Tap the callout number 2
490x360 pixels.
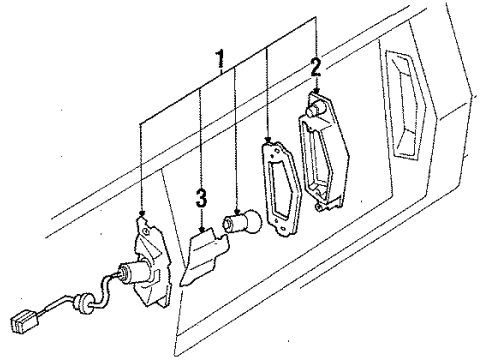pyautogui.click(x=316, y=68)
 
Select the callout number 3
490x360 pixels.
pyautogui.click(x=201, y=199)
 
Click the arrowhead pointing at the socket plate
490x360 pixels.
pyautogui.click(x=142, y=219)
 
